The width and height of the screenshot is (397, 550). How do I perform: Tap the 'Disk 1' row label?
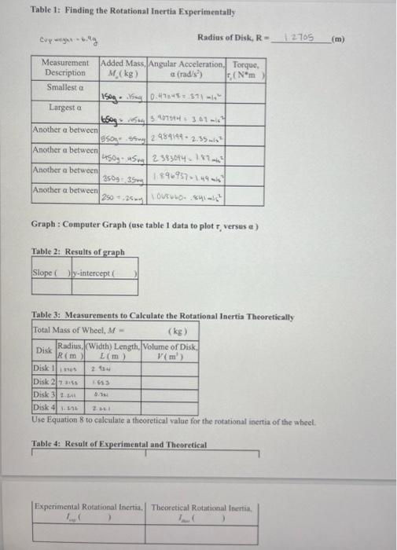click(42, 366)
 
